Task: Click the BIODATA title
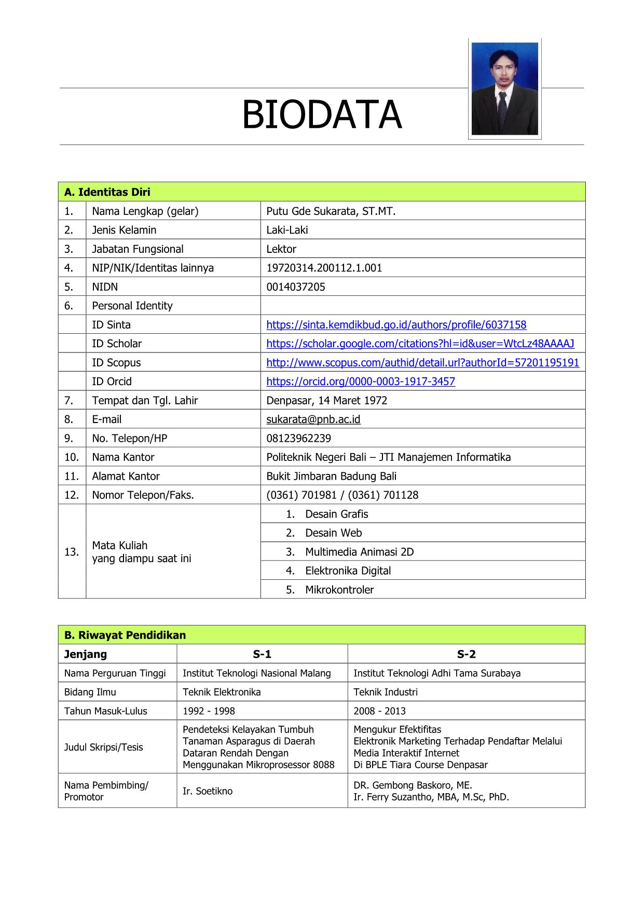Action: pos(322,115)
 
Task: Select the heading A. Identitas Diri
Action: pos(107,192)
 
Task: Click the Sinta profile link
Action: pos(396,325)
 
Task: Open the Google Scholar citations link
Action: pos(420,344)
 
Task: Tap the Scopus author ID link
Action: pos(422,362)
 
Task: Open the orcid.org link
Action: pos(361,382)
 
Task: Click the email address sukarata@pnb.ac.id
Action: pos(313,419)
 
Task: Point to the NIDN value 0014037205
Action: pos(295,287)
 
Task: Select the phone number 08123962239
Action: pos(298,438)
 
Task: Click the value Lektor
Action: pos(281,249)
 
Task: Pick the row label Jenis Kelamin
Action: pos(124,230)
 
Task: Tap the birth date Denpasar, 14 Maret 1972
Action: pos(326,400)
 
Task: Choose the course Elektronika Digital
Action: pos(348,571)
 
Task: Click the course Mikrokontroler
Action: pos(339,590)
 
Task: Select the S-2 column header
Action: pos(466,654)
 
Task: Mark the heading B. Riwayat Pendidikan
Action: pos(125,635)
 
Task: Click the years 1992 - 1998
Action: pos(209,711)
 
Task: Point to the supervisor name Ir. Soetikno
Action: pos(208,791)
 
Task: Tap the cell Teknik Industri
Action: pos(385,692)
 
